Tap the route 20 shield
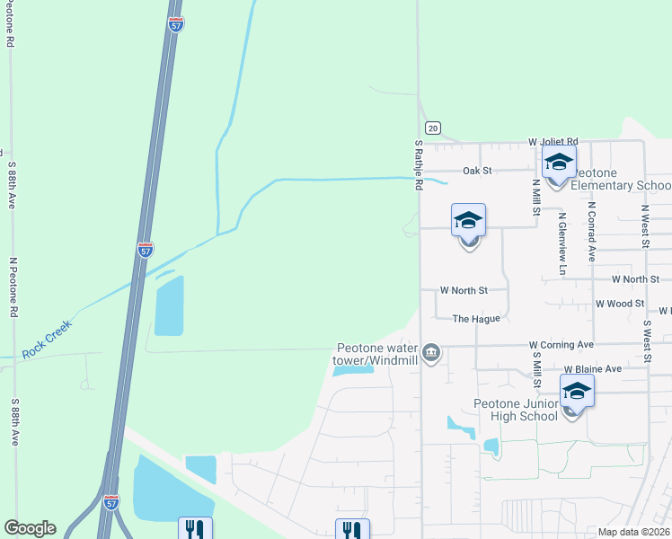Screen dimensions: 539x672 click(433, 129)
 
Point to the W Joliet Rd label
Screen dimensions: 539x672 click(553, 142)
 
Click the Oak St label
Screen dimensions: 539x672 click(477, 170)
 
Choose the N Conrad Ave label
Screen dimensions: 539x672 click(592, 230)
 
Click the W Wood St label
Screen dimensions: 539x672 click(620, 304)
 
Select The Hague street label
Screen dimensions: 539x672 click(475, 318)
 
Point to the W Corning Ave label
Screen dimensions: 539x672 click(561, 344)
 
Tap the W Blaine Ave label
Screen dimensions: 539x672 click(592, 369)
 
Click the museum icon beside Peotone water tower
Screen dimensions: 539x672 click(432, 352)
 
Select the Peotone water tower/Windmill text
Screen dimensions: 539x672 click(376, 354)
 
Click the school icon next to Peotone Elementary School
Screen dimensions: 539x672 click(559, 163)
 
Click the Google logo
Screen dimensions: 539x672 click(30, 528)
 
